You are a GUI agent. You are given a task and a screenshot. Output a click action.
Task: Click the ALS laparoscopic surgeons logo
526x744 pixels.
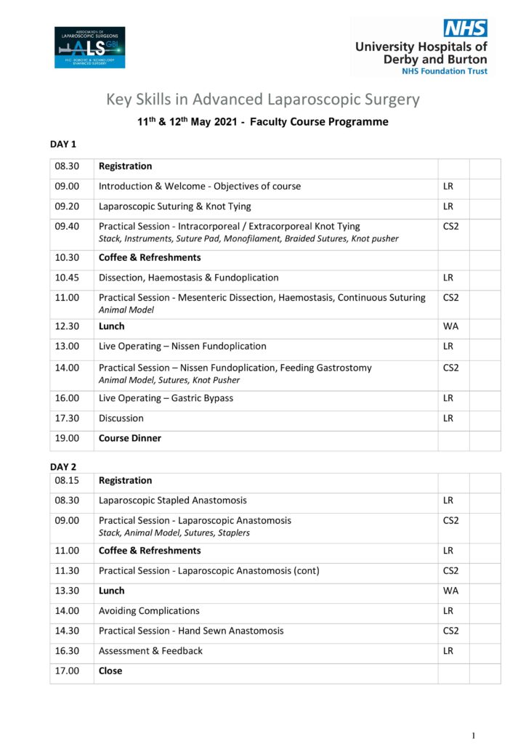tap(89, 47)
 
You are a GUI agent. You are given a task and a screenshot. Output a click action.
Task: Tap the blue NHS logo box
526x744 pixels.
tap(465, 28)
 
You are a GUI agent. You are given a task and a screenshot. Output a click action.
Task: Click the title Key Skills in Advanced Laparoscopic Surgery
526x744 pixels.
tap(263, 99)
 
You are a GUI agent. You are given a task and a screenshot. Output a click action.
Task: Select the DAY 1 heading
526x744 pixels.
tap(63, 144)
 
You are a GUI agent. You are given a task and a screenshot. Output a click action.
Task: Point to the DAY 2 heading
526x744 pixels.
tap(63, 466)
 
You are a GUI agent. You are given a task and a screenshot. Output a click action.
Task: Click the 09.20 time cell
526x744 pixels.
tap(67, 206)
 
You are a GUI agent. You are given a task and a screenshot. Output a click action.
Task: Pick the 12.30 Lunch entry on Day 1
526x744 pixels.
tap(111, 326)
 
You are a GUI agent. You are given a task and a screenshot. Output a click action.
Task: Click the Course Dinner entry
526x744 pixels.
tap(130, 438)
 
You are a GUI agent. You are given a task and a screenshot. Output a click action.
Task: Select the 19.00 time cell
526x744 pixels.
tap(67, 438)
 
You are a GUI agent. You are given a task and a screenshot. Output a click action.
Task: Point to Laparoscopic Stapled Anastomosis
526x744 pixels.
tap(172, 500)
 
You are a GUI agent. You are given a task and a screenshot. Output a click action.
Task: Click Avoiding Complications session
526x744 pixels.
tap(149, 611)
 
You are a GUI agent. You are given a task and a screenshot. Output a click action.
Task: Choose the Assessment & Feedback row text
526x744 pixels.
tap(150, 651)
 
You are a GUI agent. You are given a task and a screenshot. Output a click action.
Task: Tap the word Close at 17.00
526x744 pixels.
tap(110, 671)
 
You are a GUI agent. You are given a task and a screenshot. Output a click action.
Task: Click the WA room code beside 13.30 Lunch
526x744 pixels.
tap(450, 591)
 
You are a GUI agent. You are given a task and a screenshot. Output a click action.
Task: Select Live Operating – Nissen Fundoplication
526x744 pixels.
tap(182, 346)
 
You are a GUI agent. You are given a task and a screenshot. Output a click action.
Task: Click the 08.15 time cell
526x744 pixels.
tap(67, 480)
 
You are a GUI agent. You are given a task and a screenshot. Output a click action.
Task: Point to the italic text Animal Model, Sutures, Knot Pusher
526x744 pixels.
tap(169, 380)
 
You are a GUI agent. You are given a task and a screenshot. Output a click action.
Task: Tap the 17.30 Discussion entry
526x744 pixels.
tap(121, 418)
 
